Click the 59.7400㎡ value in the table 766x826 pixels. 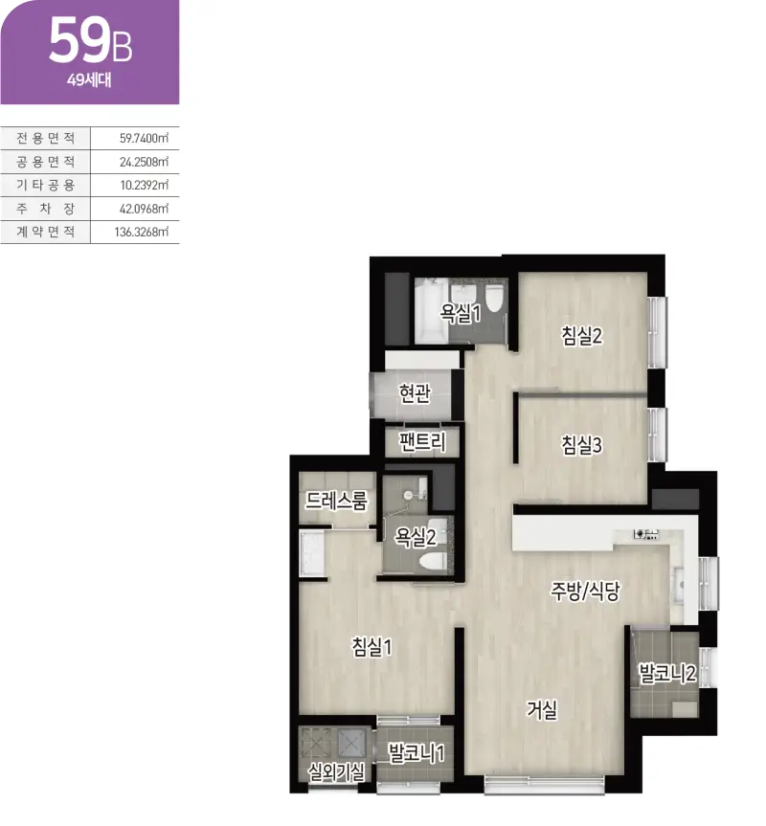coord(144,138)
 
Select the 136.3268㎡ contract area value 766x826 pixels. coord(141,232)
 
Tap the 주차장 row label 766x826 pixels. coord(45,209)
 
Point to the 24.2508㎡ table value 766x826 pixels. coord(144,162)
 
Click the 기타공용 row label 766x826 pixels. coord(45,185)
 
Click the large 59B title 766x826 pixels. coord(90,41)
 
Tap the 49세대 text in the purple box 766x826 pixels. coord(89,80)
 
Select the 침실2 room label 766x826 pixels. coord(581,336)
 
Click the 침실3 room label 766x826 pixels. coord(581,445)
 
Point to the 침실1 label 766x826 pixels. coord(372,646)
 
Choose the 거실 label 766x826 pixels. coord(542,709)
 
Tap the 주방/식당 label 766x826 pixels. coord(585,592)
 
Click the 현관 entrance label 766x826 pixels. coord(415,392)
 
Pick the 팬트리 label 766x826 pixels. coord(422,441)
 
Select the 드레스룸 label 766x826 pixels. coord(336,501)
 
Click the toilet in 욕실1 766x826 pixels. coord(495,299)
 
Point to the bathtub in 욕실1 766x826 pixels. coord(431,312)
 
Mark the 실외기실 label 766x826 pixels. coord(336,772)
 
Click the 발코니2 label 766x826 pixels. coord(667,673)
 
